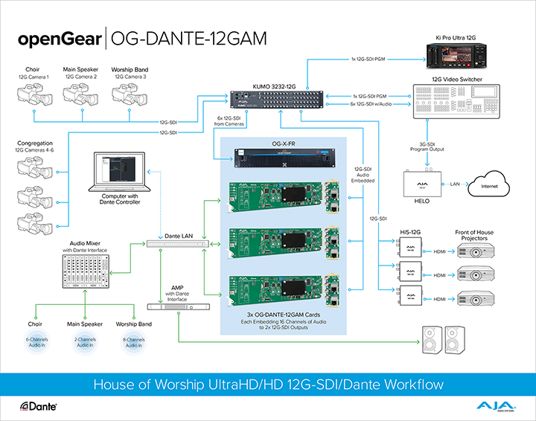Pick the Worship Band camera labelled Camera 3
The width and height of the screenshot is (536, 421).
pos(130,94)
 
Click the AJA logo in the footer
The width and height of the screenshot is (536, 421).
pos(494,405)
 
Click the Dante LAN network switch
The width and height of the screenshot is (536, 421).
pos(177,244)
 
